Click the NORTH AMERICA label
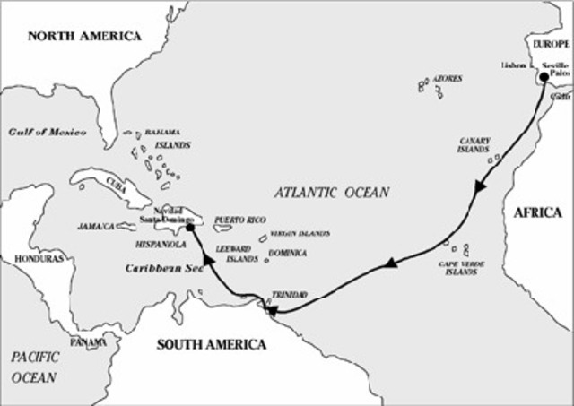84,37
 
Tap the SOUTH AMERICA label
212,344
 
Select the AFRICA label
537,212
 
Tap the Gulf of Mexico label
48,132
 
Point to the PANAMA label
89,342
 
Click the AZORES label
447,79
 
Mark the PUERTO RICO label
239,219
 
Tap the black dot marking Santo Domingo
191,229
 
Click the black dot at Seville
544,77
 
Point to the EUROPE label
552,43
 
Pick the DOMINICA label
287,254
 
